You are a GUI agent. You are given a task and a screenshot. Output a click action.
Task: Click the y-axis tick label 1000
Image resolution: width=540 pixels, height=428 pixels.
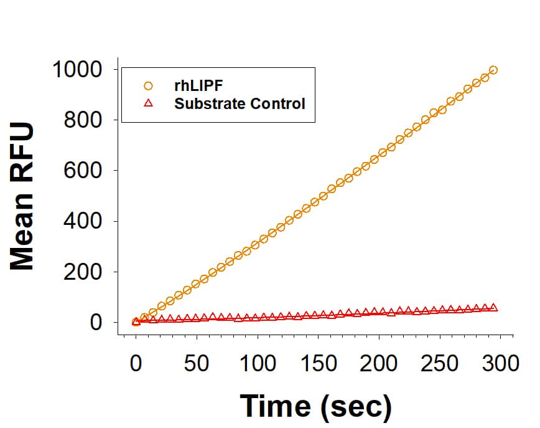77,69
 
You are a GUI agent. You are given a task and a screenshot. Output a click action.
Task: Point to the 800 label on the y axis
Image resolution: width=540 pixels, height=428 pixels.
84,120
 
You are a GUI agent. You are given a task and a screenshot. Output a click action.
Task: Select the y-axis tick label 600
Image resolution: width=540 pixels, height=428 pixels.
84,171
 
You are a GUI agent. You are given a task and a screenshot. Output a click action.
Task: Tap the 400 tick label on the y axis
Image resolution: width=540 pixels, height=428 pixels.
84,221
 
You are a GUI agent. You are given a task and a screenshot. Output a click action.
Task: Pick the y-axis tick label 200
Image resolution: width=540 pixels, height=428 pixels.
84,272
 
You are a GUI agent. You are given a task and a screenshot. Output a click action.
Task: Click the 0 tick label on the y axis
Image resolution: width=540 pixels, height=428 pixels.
96,323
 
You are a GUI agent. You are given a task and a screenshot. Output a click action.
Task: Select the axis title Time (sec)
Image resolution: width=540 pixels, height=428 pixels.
316,406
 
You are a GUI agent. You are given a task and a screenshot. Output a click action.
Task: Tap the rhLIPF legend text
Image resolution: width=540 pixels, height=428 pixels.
198,86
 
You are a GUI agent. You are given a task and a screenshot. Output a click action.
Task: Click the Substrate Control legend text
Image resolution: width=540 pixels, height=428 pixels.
240,103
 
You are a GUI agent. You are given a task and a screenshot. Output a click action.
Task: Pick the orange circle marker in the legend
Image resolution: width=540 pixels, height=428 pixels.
148,86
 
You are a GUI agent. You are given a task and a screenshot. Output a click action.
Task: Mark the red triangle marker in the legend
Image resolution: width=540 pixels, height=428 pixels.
148,103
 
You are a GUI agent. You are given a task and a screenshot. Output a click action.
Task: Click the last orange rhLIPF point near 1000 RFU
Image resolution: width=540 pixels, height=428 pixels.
493,70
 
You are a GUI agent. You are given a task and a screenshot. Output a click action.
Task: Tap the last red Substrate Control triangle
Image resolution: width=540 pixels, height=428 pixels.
493,307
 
